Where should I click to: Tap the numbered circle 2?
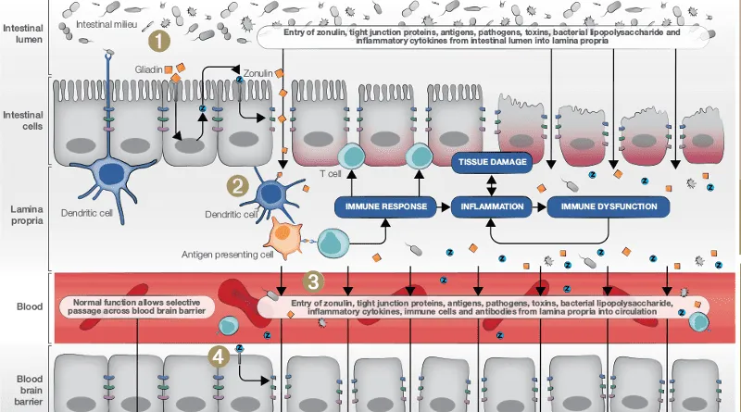pyautogui.click(x=239, y=184)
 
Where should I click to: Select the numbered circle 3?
pyautogui.click(x=314, y=280)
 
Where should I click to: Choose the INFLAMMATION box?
pyautogui.click(x=492, y=206)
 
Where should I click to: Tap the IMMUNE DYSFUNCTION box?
pyautogui.click(x=609, y=206)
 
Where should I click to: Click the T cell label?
pyautogui.click(x=329, y=171)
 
